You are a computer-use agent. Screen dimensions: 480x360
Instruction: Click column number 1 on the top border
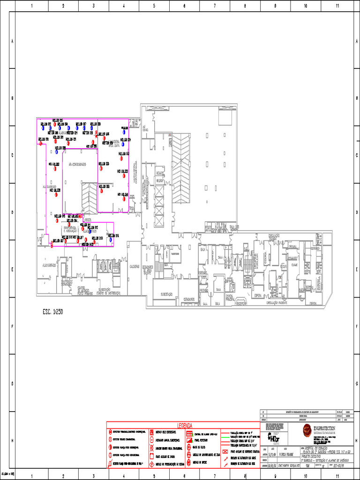[31, 6]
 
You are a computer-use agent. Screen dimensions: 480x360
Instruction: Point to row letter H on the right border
[356, 441]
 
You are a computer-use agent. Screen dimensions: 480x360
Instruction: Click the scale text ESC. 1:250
[50, 311]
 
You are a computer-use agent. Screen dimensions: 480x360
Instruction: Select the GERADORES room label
[189, 298]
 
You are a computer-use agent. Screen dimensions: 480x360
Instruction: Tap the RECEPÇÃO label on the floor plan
[240, 303]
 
